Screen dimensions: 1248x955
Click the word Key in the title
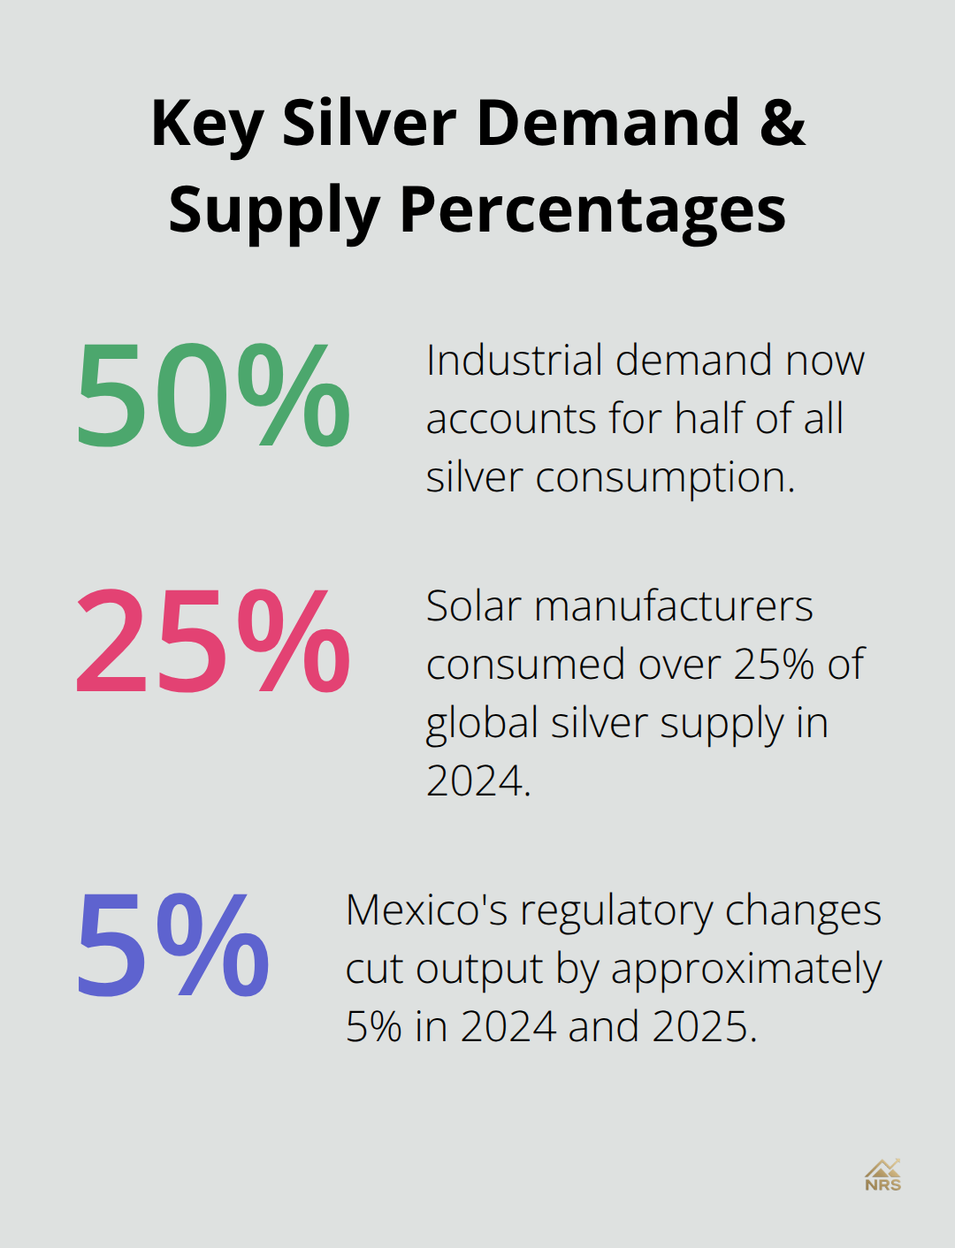[x=207, y=124]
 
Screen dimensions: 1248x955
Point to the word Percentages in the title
[x=592, y=212]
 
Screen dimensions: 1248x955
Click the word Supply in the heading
[x=274, y=212]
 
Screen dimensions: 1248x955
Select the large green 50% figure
[x=213, y=395]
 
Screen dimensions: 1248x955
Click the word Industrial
[x=515, y=361]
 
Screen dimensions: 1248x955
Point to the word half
[x=709, y=419]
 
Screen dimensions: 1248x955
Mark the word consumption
[x=665, y=478]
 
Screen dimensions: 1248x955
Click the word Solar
[x=473, y=606]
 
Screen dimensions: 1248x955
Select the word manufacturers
[x=674, y=606]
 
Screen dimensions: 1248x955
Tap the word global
[x=482, y=724]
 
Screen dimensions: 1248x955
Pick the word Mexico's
[x=426, y=910]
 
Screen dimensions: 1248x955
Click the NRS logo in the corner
[x=882, y=1176]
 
